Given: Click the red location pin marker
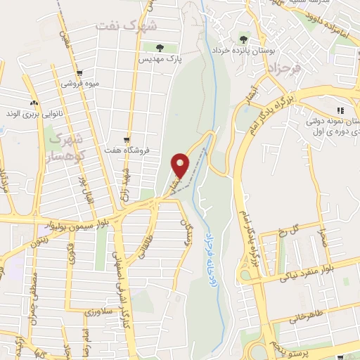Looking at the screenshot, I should (x=181, y=165).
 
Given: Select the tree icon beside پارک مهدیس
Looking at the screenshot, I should (x=160, y=48).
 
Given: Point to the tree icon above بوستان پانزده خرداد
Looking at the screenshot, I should (x=243, y=39).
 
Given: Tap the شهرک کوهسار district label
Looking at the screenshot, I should (x=67, y=143).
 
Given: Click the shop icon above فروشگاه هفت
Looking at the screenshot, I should (x=127, y=139).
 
